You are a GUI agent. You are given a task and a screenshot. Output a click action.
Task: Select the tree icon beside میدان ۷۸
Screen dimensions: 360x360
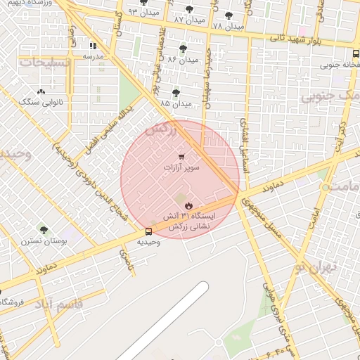coord(228,15)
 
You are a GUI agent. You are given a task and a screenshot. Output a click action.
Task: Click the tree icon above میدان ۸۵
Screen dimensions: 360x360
coord(176,93)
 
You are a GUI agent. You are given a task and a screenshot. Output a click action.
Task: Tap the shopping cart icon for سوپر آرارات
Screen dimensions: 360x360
coord(182,156)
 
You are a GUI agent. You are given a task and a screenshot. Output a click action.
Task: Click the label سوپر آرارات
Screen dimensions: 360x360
coord(182,168)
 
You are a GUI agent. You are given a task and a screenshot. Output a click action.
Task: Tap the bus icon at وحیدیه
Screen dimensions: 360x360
coord(148,231)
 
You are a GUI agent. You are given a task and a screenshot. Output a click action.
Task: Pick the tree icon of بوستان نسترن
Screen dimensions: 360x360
coord(44,229)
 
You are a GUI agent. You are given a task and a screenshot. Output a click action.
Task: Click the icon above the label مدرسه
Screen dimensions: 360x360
coord(94,46)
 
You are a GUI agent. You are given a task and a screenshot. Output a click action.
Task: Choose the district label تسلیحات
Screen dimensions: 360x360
coord(46,63)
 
